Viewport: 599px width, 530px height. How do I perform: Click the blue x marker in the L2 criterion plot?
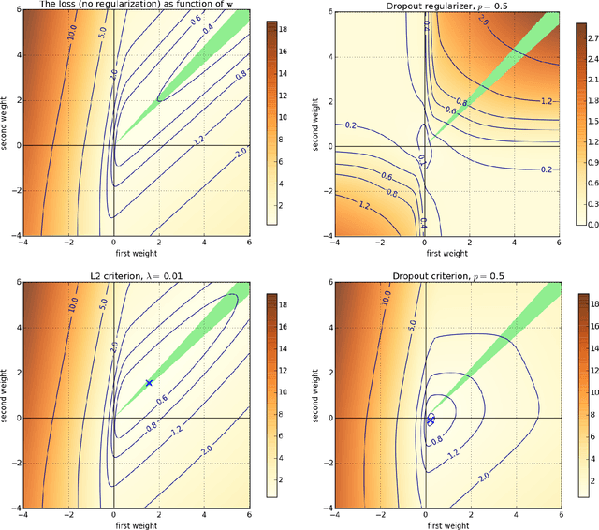click(x=149, y=383)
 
